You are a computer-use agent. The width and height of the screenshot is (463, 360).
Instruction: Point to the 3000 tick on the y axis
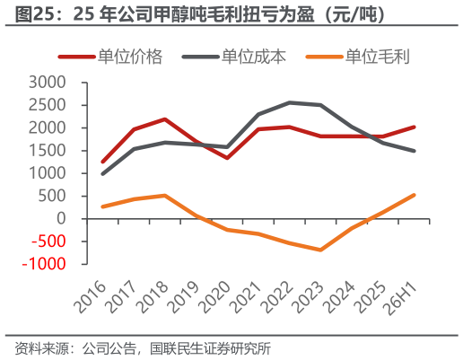tap(47, 83)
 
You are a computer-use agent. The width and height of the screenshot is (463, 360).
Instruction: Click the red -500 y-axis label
tap(48, 241)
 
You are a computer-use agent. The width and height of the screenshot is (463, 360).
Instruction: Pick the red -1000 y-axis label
tap(44, 264)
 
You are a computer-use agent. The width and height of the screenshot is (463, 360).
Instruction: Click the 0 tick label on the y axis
tap(61, 219)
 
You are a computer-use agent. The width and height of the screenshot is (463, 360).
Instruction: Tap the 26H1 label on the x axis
tap(402, 299)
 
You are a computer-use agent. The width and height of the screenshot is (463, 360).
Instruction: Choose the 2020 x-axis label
tap(215, 297)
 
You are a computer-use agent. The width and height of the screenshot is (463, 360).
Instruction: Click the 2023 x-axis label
tap(309, 297)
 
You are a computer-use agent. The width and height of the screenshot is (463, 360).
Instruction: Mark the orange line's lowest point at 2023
tap(320, 250)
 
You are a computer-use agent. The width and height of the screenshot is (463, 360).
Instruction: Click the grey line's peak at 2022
tap(289, 102)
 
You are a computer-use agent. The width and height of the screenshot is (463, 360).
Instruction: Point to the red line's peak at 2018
tap(165, 119)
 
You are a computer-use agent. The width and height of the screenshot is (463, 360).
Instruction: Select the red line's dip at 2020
tap(227, 158)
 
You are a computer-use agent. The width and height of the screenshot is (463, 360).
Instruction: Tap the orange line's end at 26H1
tap(414, 195)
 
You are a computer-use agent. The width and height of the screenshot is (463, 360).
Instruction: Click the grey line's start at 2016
tap(103, 173)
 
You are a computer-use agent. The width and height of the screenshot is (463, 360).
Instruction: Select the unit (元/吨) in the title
tap(354, 14)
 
